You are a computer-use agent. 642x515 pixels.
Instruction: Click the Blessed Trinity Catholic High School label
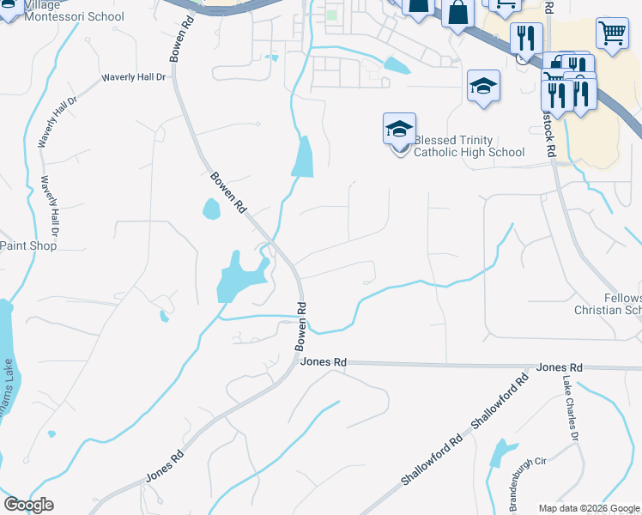point(469,146)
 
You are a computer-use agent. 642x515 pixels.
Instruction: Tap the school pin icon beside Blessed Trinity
point(399,130)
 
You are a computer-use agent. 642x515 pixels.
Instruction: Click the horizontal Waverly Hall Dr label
point(133,77)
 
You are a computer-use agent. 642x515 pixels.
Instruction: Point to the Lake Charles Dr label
point(571,409)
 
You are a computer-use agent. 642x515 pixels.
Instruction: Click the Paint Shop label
point(27,245)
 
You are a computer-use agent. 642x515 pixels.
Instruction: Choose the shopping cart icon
point(612,34)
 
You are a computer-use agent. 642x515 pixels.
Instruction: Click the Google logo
point(28,505)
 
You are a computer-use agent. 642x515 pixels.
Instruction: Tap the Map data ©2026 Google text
point(589,508)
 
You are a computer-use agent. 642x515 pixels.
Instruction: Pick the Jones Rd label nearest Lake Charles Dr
point(559,367)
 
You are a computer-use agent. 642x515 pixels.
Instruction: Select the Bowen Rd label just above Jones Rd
point(301,326)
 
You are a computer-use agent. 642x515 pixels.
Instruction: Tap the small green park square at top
point(331,15)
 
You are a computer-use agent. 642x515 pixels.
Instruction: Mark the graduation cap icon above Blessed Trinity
point(483,86)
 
